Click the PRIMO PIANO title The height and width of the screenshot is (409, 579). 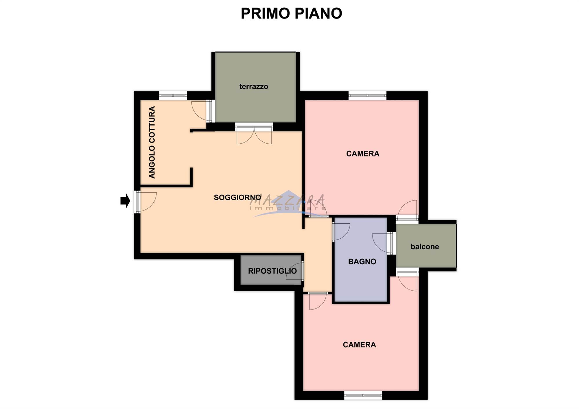click(291, 13)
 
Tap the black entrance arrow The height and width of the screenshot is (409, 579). click(125, 201)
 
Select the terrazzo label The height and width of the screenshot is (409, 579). click(254, 86)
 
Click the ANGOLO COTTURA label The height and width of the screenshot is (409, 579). click(152, 142)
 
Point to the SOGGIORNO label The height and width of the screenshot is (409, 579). click(237, 197)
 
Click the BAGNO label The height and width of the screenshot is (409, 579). click(362, 261)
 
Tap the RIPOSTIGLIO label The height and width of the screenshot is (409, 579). click(272, 271)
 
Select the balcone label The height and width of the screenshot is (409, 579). click(425, 247)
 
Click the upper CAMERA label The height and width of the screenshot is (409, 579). click(363, 154)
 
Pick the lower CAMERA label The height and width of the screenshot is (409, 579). click(359, 344)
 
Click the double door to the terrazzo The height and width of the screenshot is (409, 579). click(254, 134)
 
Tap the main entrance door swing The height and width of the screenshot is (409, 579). click(146, 202)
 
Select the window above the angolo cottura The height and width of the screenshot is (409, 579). click(173, 95)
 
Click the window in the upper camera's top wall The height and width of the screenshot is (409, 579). click(367, 95)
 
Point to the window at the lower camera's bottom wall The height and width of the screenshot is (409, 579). click(363, 395)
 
